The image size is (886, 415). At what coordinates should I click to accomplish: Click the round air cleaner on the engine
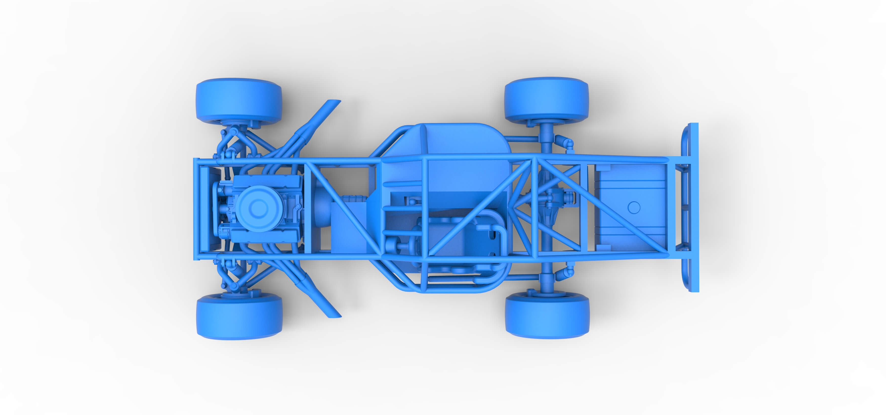258,208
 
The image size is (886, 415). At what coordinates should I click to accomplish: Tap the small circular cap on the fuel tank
633,207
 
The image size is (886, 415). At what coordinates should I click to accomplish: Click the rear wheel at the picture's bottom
547,316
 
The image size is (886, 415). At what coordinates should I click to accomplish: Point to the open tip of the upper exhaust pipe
334,102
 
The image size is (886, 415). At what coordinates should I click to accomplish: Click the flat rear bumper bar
694,207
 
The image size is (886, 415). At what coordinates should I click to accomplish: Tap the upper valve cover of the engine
266,180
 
